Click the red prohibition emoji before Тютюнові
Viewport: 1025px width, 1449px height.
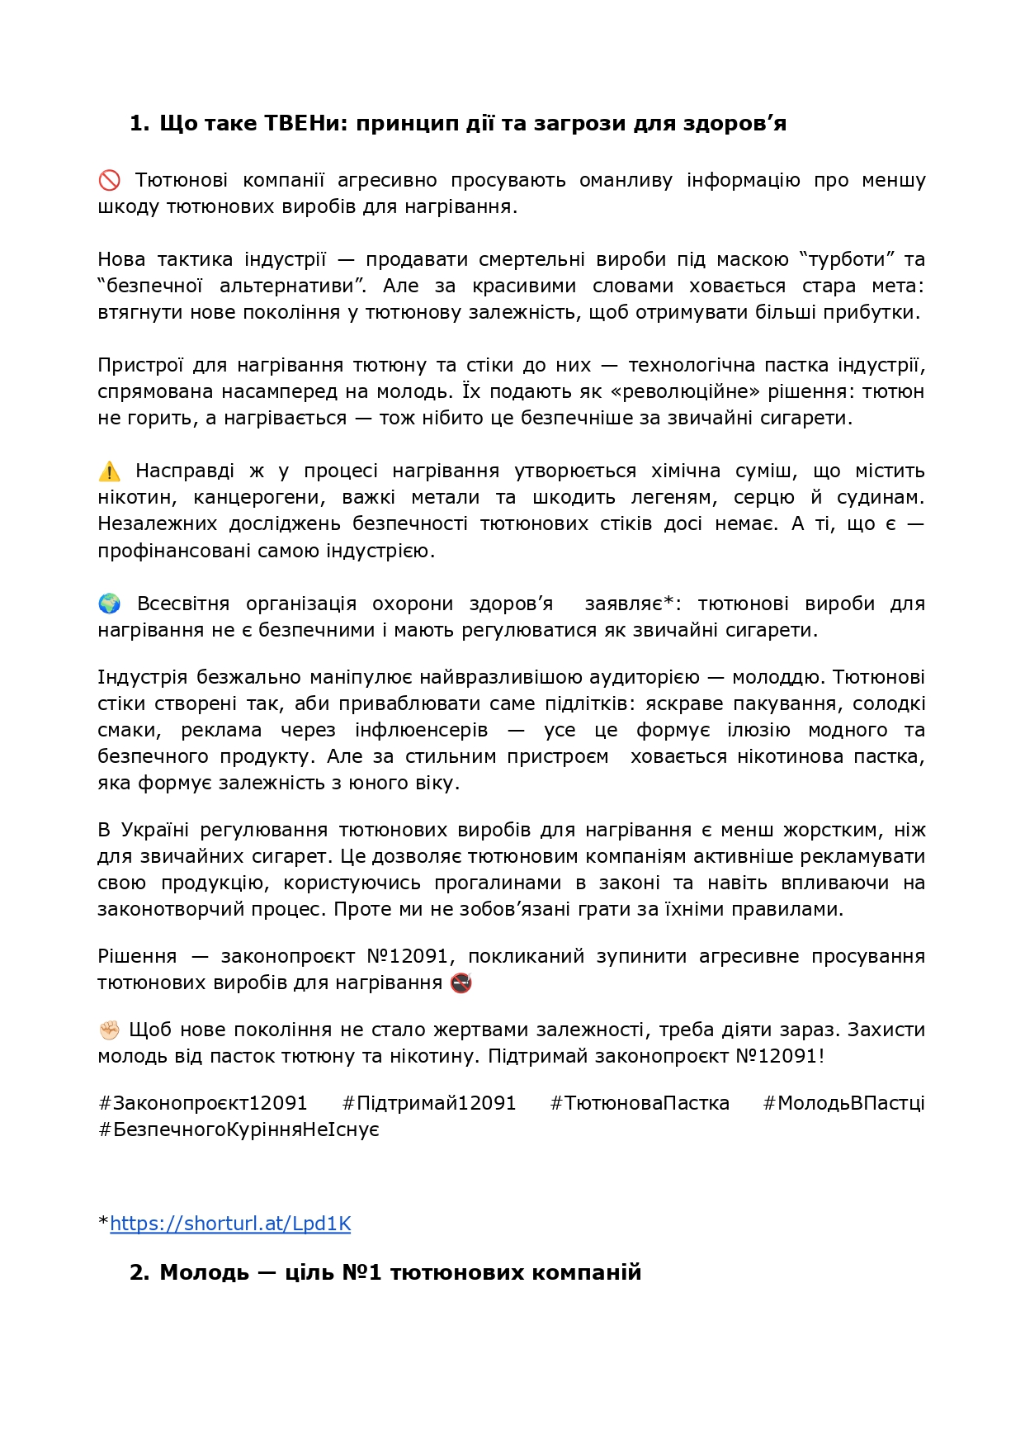[x=109, y=180]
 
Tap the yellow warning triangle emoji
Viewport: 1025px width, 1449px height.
[x=109, y=471]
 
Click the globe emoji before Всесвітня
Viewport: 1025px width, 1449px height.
[x=109, y=604]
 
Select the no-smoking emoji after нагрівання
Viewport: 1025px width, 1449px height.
[x=461, y=983]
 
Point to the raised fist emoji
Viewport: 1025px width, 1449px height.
[x=109, y=1030]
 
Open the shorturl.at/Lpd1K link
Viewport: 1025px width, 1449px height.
[x=230, y=1224]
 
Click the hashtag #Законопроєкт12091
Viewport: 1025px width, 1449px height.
[x=203, y=1103]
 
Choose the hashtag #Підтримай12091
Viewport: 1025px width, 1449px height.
[x=429, y=1103]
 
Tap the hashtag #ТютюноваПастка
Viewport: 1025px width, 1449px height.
[x=640, y=1103]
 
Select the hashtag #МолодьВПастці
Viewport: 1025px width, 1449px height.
[x=843, y=1103]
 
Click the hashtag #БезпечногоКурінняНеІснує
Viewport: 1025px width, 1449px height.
[x=239, y=1129]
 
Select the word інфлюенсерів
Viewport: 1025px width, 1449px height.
[x=421, y=730]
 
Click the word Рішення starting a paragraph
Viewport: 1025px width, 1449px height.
[x=137, y=956]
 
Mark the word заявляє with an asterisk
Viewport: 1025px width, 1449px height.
[x=626, y=604]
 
